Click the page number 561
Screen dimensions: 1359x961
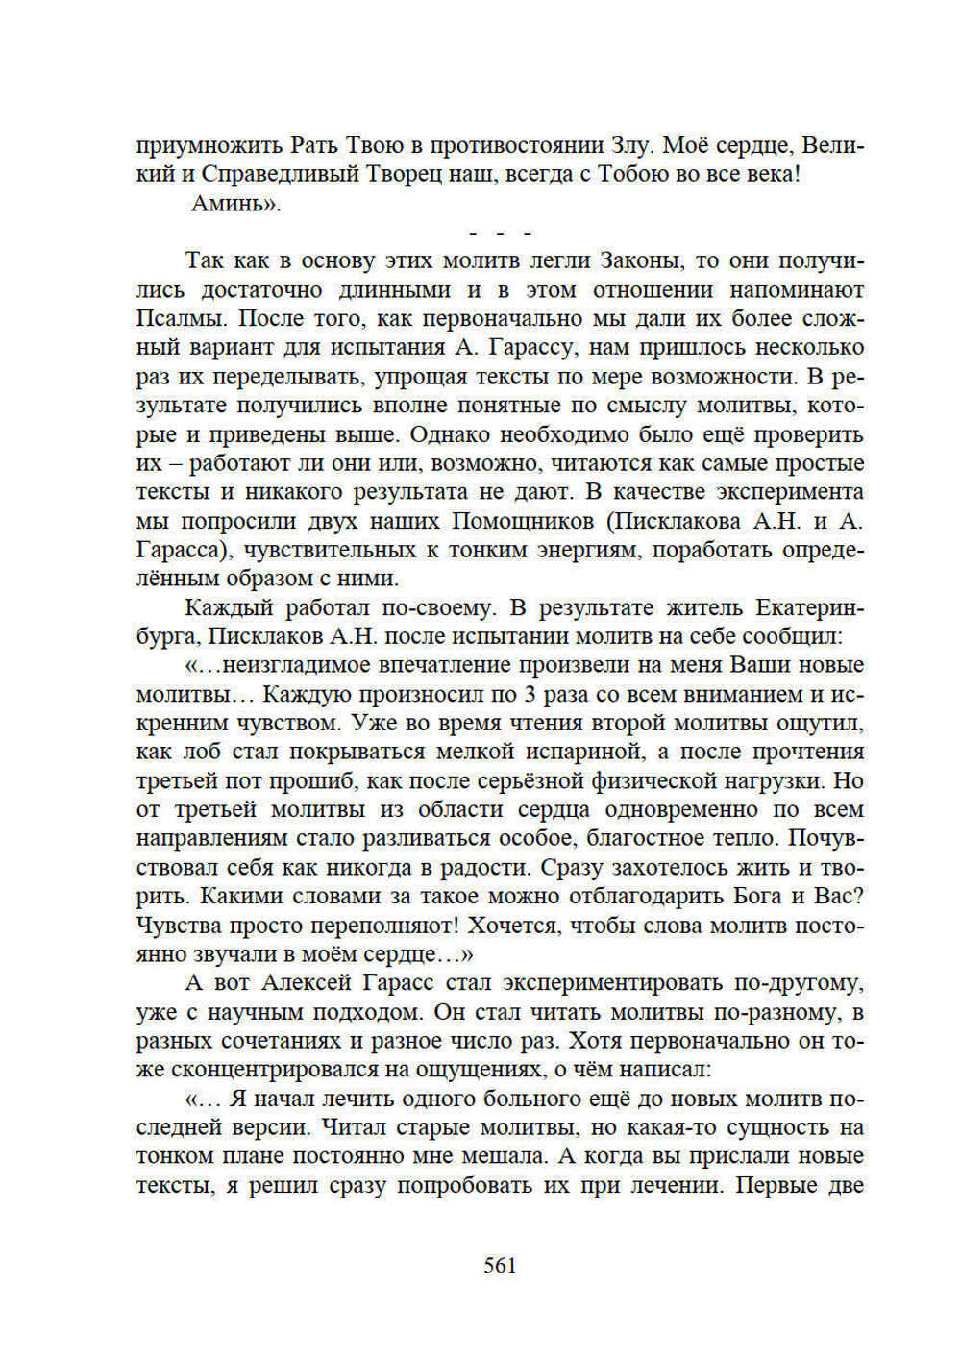[500, 1265]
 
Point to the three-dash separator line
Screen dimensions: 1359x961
[500, 234]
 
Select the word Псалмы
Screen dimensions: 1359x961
[182, 318]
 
